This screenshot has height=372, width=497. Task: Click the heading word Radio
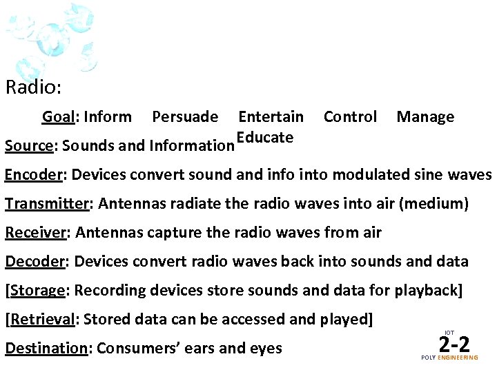point(32,88)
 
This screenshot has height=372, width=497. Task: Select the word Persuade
point(185,117)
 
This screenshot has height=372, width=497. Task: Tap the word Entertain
point(271,117)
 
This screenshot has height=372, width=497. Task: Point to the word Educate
point(265,137)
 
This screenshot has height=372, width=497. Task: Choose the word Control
point(351,117)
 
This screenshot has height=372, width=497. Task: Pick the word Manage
point(425,117)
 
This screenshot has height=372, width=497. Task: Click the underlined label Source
point(29,146)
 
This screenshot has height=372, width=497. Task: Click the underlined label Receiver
point(35,233)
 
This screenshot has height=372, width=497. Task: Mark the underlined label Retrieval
point(42,320)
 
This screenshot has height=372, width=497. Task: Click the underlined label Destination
point(46,349)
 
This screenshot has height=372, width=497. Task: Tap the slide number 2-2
point(454,342)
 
